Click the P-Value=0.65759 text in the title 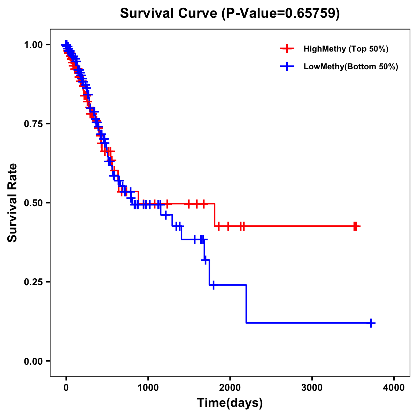point(281,13)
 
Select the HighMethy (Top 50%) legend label point(346,49)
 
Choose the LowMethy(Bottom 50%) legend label point(351,67)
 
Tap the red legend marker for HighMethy point(287,49)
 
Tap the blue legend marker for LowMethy point(287,67)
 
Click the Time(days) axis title point(230,403)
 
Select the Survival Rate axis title point(13,203)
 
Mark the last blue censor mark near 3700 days point(371,323)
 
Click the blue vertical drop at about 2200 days point(246,304)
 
